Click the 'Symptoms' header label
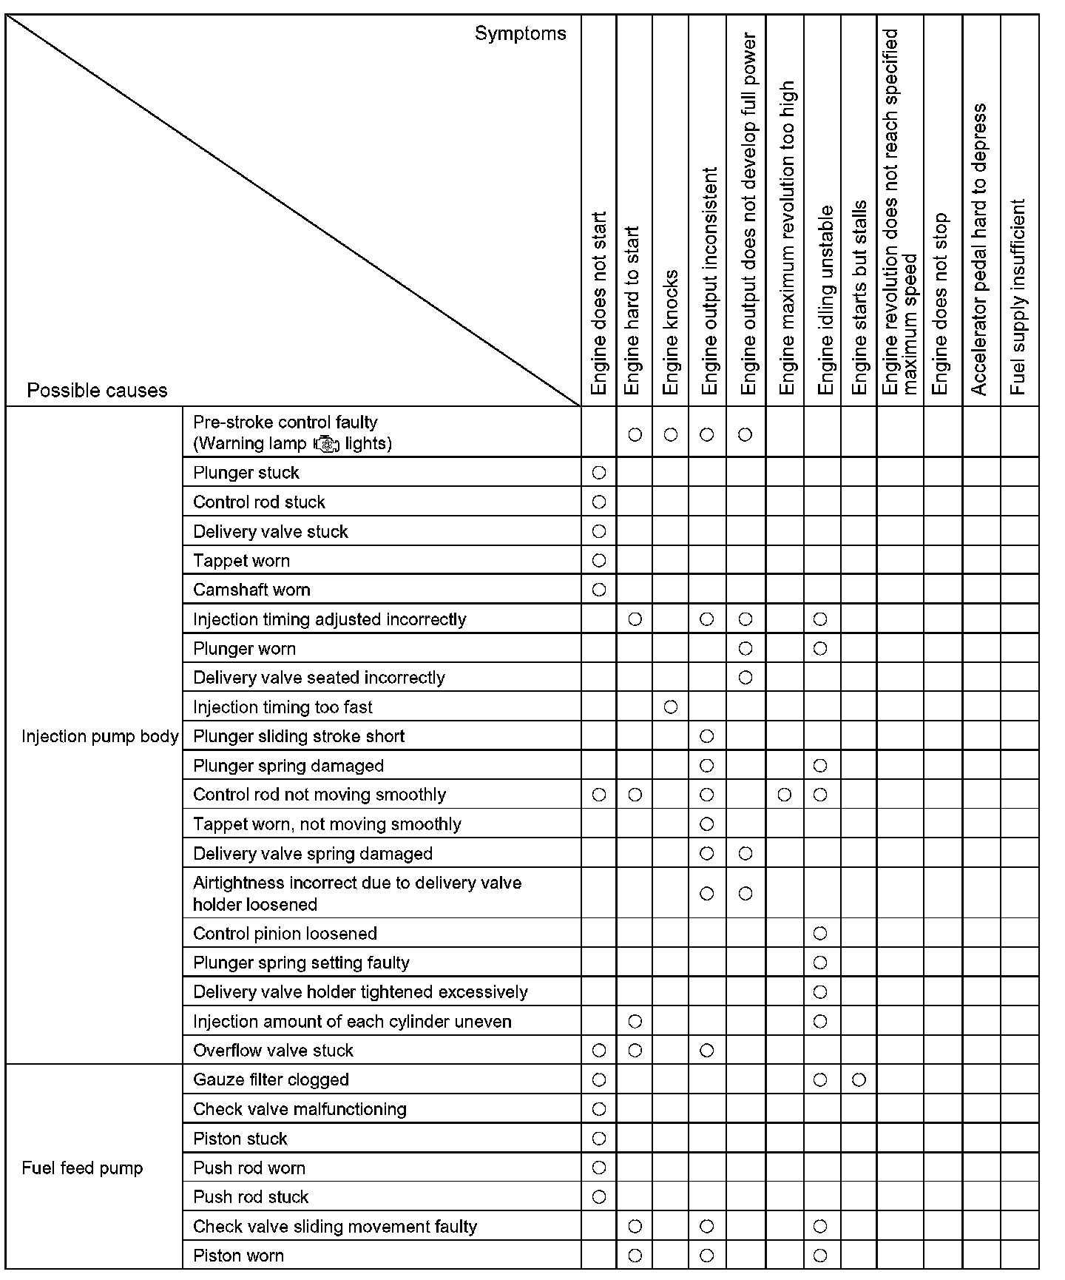[x=520, y=33]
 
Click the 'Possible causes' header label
[x=97, y=391]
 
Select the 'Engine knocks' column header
[x=671, y=332]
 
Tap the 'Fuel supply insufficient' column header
[x=1018, y=296]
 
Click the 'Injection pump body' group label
[x=100, y=736]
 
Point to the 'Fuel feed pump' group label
[x=82, y=1168]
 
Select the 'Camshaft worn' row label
[x=251, y=590]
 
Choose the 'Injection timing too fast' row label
[x=283, y=707]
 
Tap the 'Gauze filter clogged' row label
[x=271, y=1079]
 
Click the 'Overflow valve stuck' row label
[x=273, y=1051]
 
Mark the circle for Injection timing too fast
[x=671, y=707]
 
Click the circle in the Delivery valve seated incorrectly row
[x=745, y=678]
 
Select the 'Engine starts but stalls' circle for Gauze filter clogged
[x=859, y=1080]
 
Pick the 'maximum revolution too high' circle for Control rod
[x=785, y=795]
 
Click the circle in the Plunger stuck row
[x=599, y=472]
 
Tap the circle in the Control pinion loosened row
[x=820, y=934]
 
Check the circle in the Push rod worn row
[x=599, y=1168]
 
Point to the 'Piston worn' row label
[x=238, y=1256]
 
